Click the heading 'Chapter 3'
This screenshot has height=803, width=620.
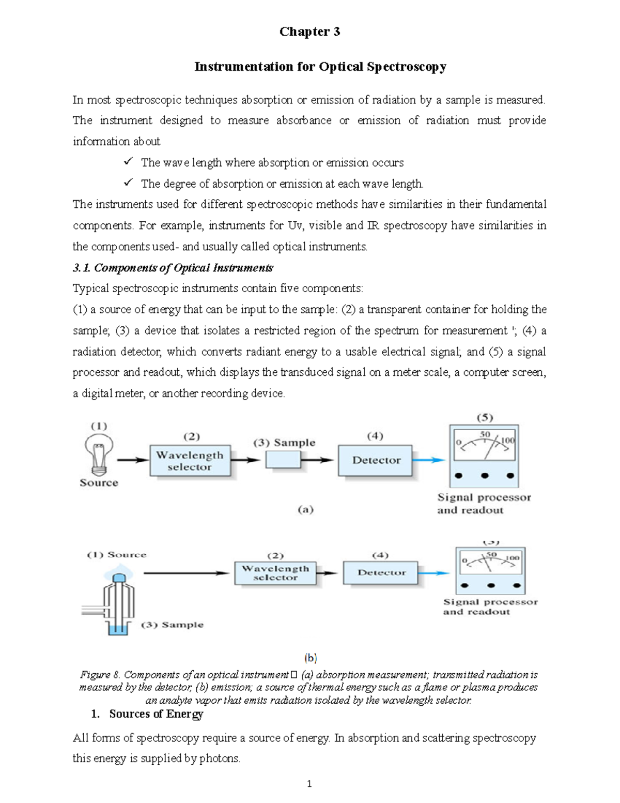[x=309, y=32]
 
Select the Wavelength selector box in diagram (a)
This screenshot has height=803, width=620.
[x=190, y=461]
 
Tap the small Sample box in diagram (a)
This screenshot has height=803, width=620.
[x=283, y=460]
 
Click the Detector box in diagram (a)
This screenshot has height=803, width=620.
[x=376, y=460]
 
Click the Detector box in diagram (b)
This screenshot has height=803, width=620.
[x=381, y=573]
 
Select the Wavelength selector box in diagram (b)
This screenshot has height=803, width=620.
[x=275, y=573]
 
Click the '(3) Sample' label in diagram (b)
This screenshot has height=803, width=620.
[x=173, y=625]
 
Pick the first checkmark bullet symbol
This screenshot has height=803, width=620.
[x=128, y=162]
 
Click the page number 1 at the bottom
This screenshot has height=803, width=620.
[x=309, y=784]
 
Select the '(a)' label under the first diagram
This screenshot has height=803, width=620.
[x=305, y=509]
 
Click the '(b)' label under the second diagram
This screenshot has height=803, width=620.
[x=310, y=658]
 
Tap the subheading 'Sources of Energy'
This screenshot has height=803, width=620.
[x=156, y=714]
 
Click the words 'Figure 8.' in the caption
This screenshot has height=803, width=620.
[x=100, y=675]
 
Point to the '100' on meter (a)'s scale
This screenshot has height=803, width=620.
[x=508, y=441]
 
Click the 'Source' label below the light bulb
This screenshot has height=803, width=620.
[x=99, y=482]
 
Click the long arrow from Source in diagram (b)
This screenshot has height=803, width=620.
[x=186, y=573]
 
